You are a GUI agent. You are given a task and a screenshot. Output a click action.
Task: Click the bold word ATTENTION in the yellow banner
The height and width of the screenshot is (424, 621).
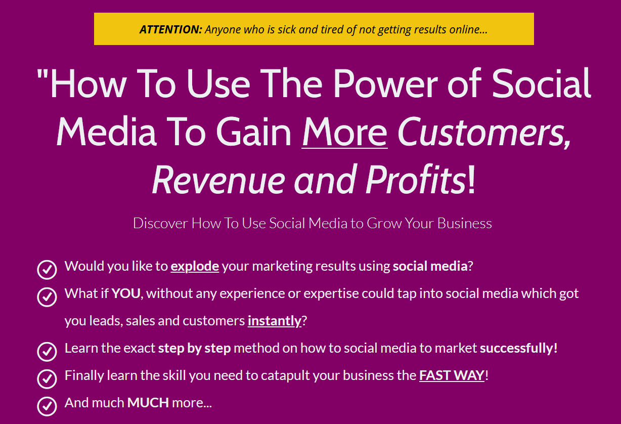click(171, 29)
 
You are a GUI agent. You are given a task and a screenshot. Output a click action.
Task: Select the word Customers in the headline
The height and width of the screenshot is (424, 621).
click(484, 132)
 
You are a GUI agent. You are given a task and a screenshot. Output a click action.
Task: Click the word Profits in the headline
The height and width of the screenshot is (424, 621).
click(416, 180)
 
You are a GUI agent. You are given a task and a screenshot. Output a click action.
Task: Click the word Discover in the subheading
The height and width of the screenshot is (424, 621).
click(160, 223)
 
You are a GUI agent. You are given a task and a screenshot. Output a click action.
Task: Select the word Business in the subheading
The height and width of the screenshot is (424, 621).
click(465, 223)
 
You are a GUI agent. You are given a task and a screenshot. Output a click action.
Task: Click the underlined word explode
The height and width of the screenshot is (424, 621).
click(195, 266)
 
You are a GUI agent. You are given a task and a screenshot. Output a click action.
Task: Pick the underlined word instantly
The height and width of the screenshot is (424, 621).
click(275, 321)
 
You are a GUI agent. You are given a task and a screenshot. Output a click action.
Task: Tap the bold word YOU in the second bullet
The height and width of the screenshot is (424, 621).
click(126, 293)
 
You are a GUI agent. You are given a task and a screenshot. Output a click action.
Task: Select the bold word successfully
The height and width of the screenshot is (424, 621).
click(518, 348)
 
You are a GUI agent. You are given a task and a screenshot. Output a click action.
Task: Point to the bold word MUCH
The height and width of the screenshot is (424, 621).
click(148, 403)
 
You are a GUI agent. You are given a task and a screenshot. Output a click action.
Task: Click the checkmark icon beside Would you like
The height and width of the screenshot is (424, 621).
click(47, 270)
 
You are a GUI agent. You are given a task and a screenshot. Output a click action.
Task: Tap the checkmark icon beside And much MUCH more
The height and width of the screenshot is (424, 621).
click(47, 406)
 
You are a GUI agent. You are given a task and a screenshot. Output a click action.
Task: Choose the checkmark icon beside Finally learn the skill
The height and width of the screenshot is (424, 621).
click(47, 379)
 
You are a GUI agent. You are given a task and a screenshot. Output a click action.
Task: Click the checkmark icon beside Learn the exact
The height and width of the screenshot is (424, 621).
click(47, 352)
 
